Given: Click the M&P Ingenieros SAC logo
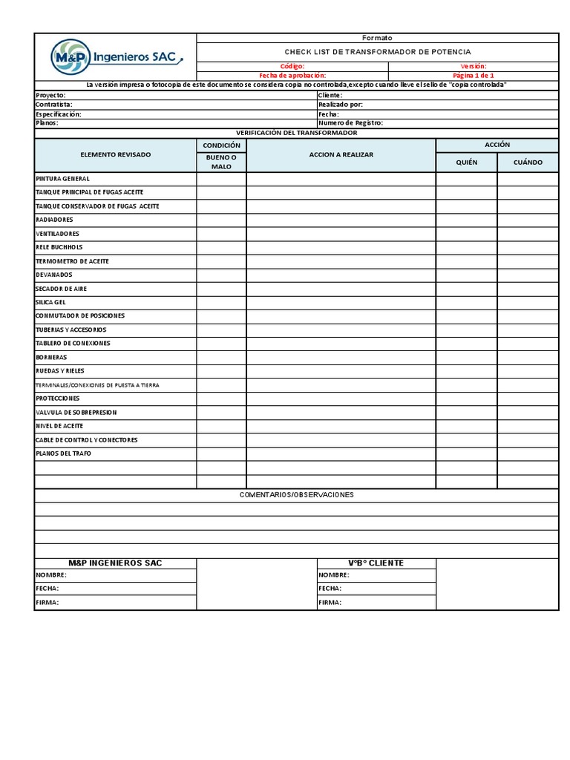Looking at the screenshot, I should [x=116, y=56].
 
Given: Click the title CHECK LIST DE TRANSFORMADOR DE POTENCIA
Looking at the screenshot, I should [x=378, y=52].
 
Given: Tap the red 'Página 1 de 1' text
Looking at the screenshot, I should [x=473, y=75].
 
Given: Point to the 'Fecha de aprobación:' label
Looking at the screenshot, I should [x=292, y=75].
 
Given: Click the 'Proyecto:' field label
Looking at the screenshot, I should [x=50, y=95].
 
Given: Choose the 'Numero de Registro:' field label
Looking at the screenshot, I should [x=350, y=123].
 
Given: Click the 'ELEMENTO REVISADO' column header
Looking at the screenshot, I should [x=115, y=154].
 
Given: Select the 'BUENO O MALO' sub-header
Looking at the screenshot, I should [x=221, y=162].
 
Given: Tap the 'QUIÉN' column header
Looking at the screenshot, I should [x=466, y=162].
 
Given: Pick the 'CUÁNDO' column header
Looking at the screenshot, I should [x=528, y=162].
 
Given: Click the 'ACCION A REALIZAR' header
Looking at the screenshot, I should [x=341, y=154].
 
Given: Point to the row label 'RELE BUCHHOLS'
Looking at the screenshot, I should [x=59, y=247].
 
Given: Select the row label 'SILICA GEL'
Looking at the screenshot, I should [x=50, y=302].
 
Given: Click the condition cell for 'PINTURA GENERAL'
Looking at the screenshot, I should [x=221, y=179].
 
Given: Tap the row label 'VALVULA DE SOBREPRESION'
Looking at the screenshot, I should [x=76, y=412].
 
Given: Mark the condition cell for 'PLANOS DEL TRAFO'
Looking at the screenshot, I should [x=221, y=453].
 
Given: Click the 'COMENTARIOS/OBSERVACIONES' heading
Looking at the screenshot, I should [x=296, y=494].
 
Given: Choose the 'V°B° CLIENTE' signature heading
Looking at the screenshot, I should [x=376, y=563].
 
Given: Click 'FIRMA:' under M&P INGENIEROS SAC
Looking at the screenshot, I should [x=47, y=603].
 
